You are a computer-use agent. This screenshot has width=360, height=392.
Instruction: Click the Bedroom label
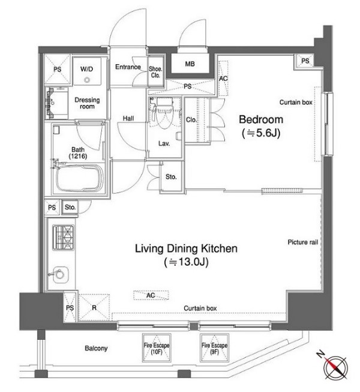point(261,119)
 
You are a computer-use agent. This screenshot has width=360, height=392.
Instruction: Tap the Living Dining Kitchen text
point(186,249)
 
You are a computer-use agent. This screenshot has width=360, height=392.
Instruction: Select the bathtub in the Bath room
point(80,177)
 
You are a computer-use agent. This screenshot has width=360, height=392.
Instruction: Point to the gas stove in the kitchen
point(63,237)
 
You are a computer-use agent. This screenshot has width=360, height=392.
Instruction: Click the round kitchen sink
point(60,275)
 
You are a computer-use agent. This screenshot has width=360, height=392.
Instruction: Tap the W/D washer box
point(87,71)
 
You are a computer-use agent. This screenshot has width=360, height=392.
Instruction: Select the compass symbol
point(335,367)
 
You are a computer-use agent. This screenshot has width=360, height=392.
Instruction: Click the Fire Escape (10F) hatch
point(156,348)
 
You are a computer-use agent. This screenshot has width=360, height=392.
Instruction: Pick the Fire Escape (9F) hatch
point(214,348)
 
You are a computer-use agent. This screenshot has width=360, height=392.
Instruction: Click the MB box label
point(190,64)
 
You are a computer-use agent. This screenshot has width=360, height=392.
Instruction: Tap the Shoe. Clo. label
point(155,72)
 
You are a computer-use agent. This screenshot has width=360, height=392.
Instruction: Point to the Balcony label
point(96,348)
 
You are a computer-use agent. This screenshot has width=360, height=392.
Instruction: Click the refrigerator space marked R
point(94,307)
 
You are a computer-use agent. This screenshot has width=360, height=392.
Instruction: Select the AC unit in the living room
point(151,295)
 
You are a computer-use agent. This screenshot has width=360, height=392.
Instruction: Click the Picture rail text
point(303,242)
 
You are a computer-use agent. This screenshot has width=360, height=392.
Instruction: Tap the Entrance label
point(128,67)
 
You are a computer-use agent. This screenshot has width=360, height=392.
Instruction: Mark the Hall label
point(128,119)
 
